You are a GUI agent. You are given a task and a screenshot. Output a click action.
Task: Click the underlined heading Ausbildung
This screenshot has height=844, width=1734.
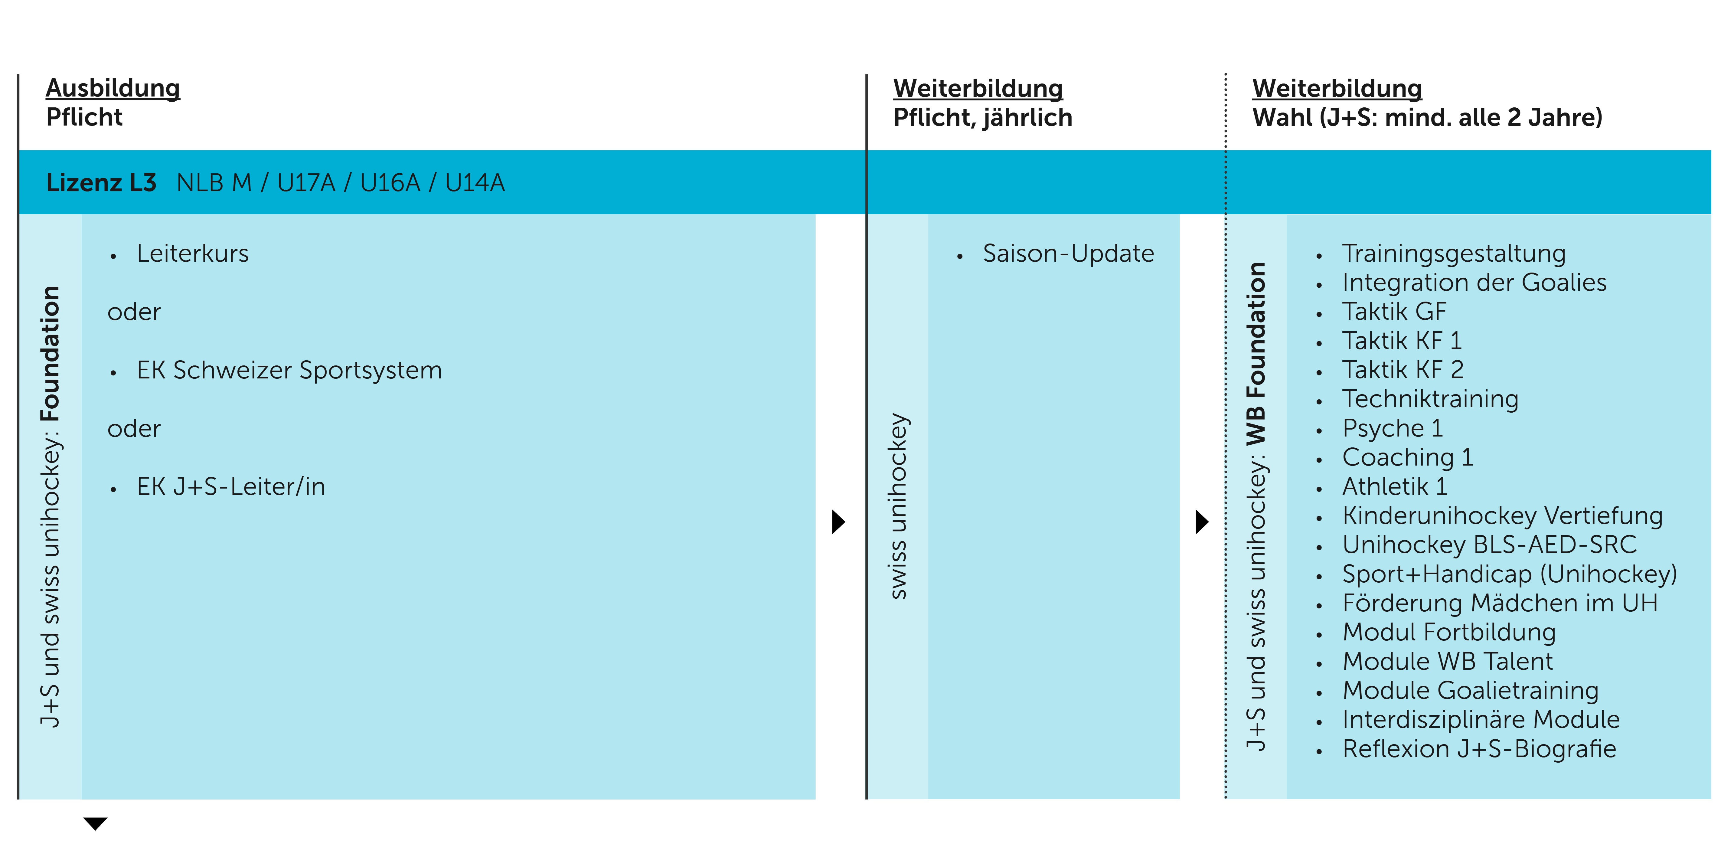(113, 88)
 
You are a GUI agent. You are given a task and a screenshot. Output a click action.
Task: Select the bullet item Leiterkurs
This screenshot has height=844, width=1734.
(193, 254)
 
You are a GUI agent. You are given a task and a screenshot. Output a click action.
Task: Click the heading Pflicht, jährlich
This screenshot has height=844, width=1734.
(982, 118)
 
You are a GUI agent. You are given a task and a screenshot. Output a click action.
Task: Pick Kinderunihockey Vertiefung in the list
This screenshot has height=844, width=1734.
(1502, 515)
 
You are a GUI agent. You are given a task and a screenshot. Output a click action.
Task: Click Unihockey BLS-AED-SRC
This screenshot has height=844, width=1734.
(1489, 545)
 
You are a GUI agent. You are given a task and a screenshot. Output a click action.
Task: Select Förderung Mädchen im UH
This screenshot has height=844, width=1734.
(1499, 603)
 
